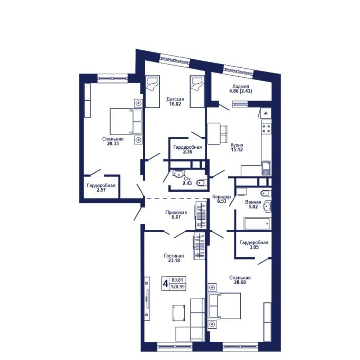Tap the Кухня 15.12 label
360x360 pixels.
coord(237,147)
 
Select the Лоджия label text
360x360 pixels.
coord(240,86)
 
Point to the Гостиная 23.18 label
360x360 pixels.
coord(174,258)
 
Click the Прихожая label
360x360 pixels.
coord(176,212)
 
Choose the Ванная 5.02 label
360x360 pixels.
coord(253,204)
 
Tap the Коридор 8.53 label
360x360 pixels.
coord(221,199)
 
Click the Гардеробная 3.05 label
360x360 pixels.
coord(254,245)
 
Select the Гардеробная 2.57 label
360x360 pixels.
coord(101,187)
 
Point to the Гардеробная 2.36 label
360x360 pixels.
coord(187,149)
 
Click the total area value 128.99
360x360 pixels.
coord(177,287)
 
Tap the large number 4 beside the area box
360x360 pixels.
coord(166,284)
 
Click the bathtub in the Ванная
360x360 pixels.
coord(257,223)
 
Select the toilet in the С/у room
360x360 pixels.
coord(202,183)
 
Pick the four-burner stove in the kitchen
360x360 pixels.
coord(266,129)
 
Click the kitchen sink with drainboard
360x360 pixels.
coord(266,168)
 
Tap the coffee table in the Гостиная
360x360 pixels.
coord(178,313)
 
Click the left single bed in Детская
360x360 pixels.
coord(152,92)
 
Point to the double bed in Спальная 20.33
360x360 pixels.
coord(126,121)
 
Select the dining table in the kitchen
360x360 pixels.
coord(214,134)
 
